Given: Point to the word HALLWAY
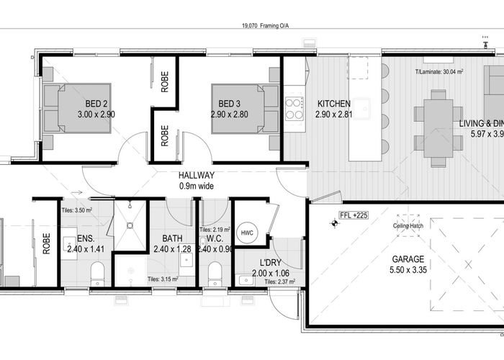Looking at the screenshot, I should pos(192,174).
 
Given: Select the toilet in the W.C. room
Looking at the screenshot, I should pos(214,274).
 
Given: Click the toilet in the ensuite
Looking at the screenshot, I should pos(99,274).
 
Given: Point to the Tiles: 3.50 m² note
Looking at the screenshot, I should pos(77,210).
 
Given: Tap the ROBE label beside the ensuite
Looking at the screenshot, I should pos(47,245).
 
